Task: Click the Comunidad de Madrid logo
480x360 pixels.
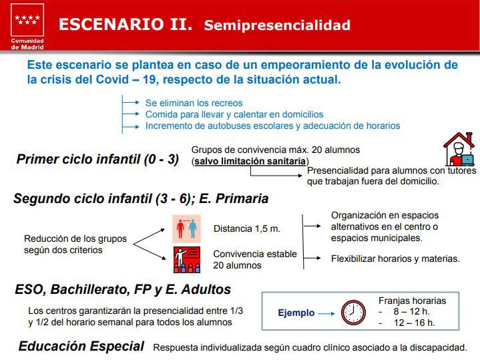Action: click(27, 27)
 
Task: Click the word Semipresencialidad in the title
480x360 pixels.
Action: click(277, 26)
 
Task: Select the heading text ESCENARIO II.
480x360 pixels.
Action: click(126, 25)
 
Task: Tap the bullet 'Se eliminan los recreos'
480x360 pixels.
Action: click(194, 103)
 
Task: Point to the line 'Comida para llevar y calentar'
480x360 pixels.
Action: click(234, 114)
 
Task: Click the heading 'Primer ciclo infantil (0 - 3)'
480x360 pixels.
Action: click(97, 160)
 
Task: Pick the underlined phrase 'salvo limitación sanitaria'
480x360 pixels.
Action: click(250, 161)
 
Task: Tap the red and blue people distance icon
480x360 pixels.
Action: click(187, 228)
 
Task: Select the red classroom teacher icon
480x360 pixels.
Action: click(187, 259)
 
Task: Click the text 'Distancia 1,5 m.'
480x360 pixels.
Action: click(246, 228)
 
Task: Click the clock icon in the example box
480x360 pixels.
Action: click(353, 312)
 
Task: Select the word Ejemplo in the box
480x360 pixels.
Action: click(295, 313)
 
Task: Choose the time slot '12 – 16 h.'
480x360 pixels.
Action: click(414, 323)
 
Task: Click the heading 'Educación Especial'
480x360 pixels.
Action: click(81, 346)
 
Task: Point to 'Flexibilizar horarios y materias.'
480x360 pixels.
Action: click(395, 258)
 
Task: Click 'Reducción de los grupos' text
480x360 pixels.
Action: click(75, 238)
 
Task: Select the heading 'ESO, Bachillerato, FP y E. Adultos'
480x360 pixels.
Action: click(123, 290)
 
